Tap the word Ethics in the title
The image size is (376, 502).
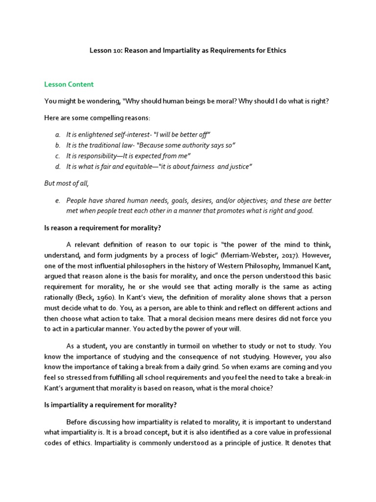(275, 50)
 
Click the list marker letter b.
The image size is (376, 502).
(57, 145)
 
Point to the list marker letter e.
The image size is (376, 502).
(57, 201)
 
